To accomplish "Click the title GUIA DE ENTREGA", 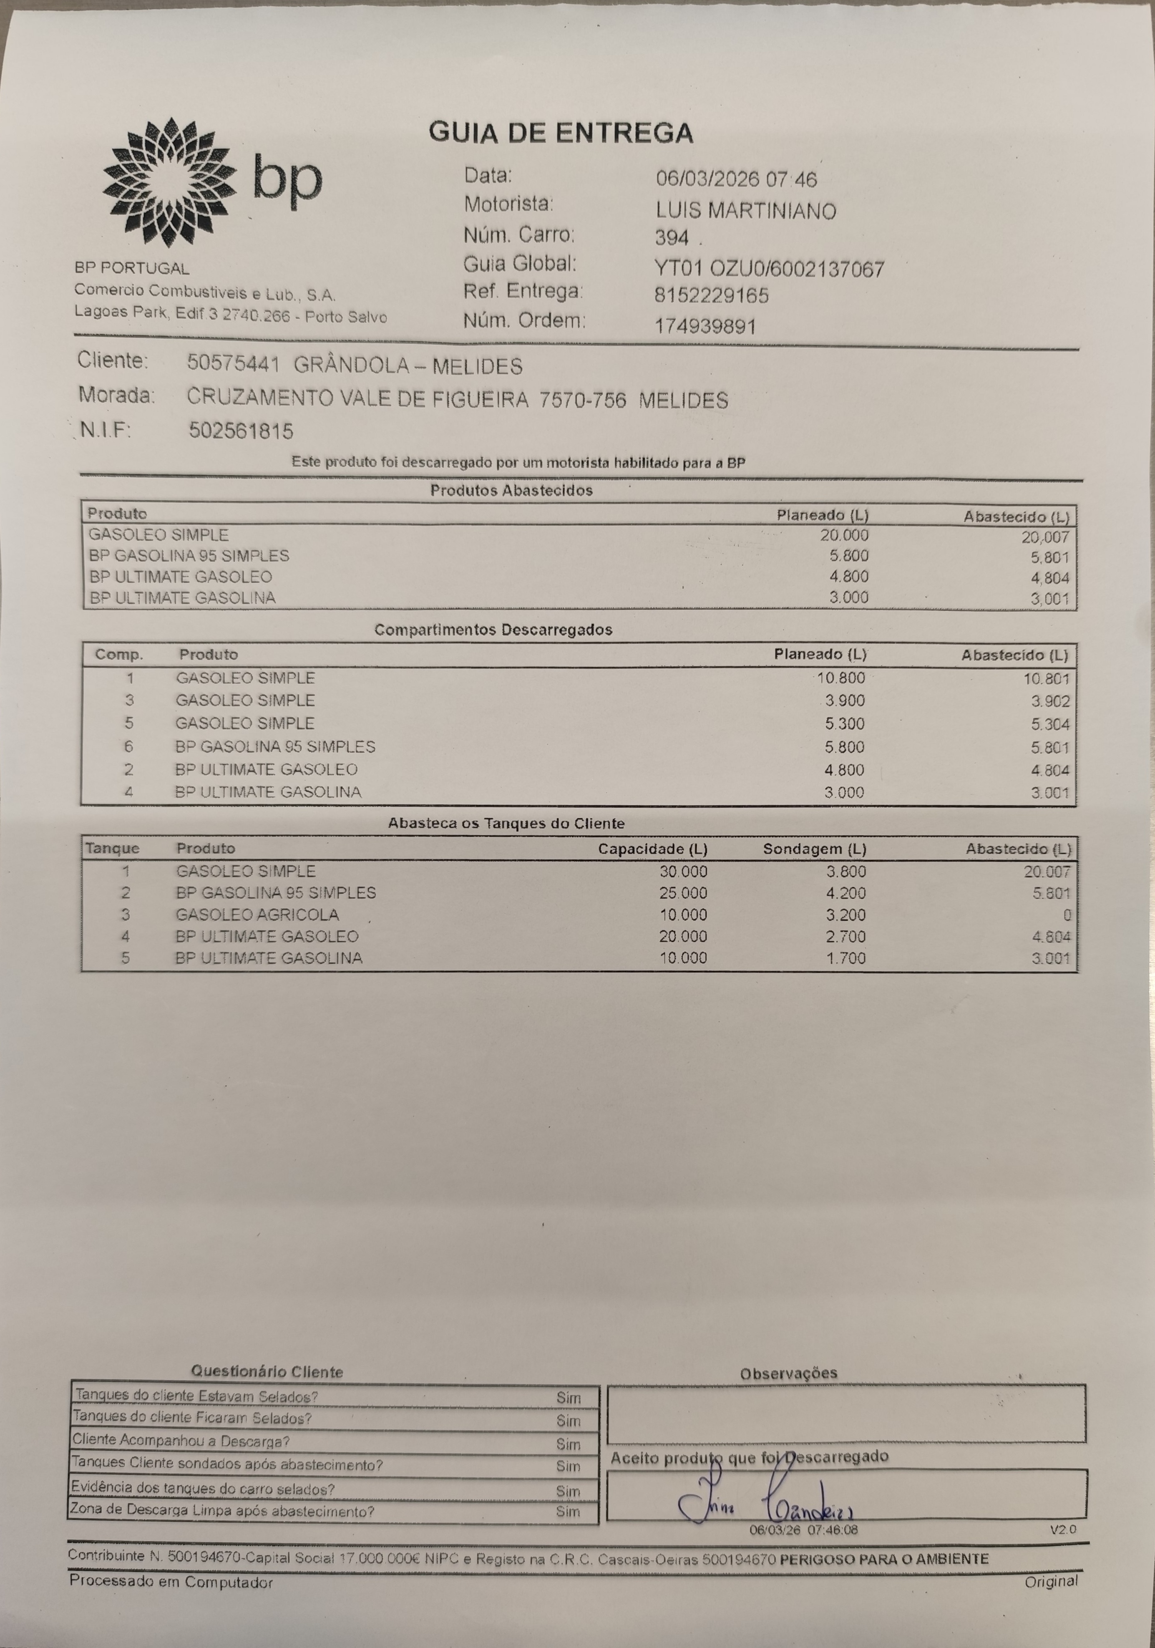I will coord(561,133).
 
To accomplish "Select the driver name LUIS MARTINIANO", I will coord(745,211).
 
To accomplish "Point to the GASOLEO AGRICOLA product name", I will coord(257,915).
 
